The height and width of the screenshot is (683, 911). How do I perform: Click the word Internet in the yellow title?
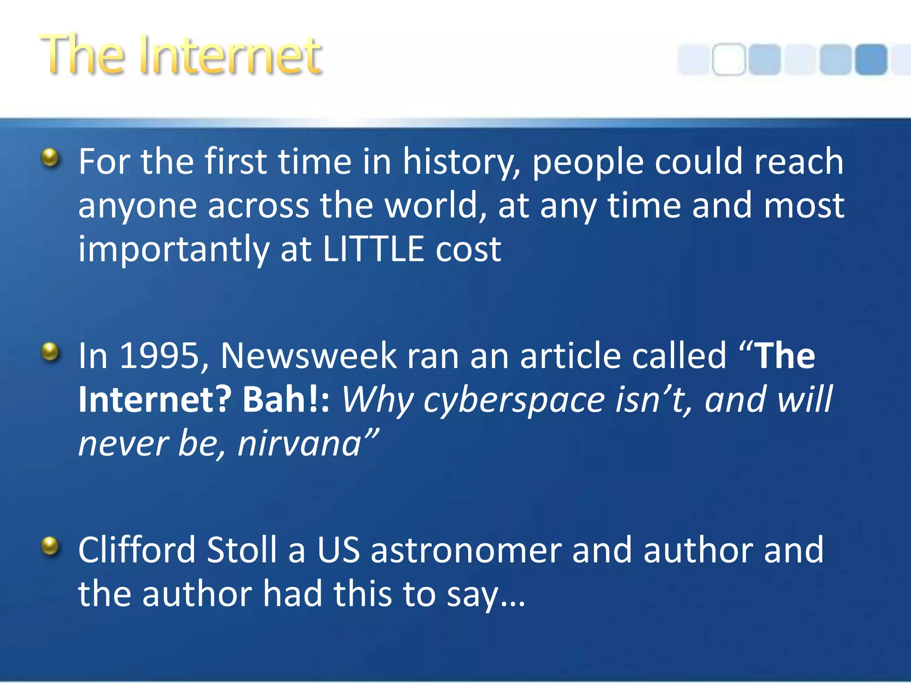point(230,56)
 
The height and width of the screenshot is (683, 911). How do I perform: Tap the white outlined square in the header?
point(729,59)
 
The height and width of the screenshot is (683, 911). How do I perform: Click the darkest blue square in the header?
point(871,59)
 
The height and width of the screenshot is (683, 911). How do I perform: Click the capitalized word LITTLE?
point(373,249)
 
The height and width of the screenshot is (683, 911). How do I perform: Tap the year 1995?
point(160,356)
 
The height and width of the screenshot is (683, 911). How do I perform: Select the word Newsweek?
point(308,356)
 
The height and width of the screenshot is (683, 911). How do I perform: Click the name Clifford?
point(137,550)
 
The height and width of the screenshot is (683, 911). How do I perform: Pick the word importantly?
point(173,250)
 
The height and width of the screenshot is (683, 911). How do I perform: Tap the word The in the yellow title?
point(82,56)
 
